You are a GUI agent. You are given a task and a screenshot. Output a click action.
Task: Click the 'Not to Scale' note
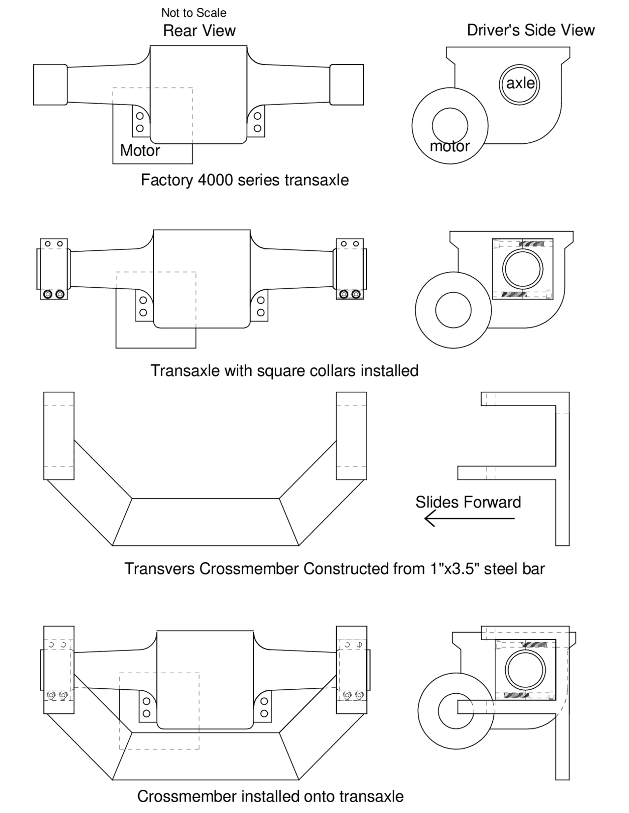[x=194, y=13]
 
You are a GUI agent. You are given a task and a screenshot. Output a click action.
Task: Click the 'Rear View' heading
[x=199, y=31]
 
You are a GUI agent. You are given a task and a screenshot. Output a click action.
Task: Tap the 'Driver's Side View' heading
[x=531, y=30]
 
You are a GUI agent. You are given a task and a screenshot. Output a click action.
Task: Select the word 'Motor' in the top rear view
[x=140, y=150]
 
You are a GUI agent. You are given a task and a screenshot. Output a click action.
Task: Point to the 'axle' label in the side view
[x=520, y=83]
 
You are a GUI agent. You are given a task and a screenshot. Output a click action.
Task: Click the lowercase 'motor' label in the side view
[x=450, y=146]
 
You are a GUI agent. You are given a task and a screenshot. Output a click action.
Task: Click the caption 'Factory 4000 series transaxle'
[x=245, y=180]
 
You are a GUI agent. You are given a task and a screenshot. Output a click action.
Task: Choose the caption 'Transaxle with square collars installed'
[x=284, y=370]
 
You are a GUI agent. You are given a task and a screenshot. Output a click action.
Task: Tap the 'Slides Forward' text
[x=468, y=502]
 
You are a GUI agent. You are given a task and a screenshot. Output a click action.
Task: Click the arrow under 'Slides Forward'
[x=469, y=518]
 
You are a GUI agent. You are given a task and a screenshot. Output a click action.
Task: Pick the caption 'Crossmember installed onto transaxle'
[x=270, y=796]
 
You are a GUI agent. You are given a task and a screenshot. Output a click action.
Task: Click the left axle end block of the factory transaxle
[x=50, y=84]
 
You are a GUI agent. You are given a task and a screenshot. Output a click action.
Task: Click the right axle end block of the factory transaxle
[x=346, y=84]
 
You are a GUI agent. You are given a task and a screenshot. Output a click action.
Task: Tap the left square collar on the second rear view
[x=54, y=269]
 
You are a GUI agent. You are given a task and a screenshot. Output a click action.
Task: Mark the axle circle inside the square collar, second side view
[x=522, y=269]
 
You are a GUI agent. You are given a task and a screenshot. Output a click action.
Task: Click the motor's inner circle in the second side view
[x=453, y=310]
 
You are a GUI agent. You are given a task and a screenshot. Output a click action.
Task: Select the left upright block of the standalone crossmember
[x=59, y=435]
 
